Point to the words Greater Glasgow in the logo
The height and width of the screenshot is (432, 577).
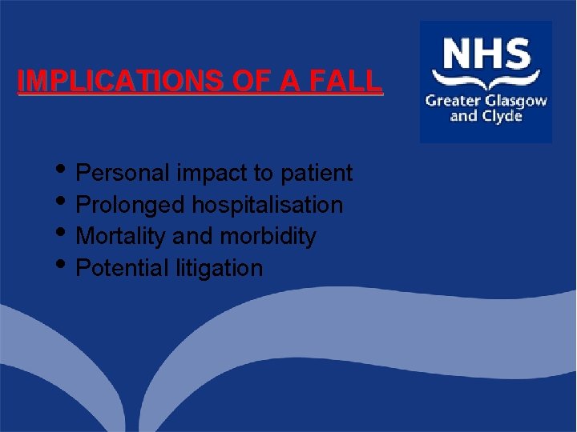486,101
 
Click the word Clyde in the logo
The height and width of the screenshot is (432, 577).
502,117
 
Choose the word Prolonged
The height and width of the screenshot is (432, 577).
131,205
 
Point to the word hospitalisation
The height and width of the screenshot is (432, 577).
267,205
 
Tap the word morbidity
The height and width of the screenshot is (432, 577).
268,237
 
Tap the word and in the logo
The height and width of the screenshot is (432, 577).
464,117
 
